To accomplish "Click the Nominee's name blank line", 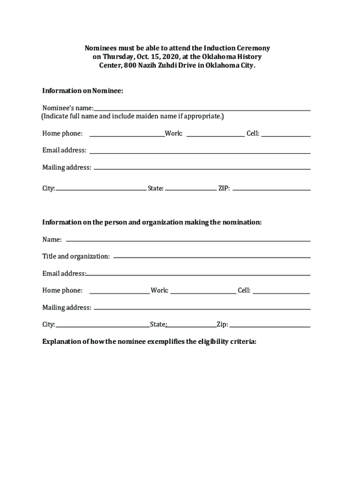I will (202, 109).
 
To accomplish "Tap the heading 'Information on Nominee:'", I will (83, 90).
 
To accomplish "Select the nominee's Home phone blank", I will (127, 136).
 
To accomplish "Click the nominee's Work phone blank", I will (216, 136).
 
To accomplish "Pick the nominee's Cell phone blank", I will (286, 136).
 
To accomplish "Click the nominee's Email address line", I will (200, 152).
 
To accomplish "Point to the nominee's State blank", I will (191, 190).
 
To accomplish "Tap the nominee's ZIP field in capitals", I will (271, 190).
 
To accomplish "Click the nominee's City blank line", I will (101, 190).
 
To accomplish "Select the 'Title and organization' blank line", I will (212, 257).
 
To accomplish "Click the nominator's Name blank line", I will (188, 240).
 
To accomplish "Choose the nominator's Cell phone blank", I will (281, 293).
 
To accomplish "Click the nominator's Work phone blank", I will (203, 293).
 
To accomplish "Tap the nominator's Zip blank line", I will (270, 327).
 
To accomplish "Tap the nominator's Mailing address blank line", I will (202, 309).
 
